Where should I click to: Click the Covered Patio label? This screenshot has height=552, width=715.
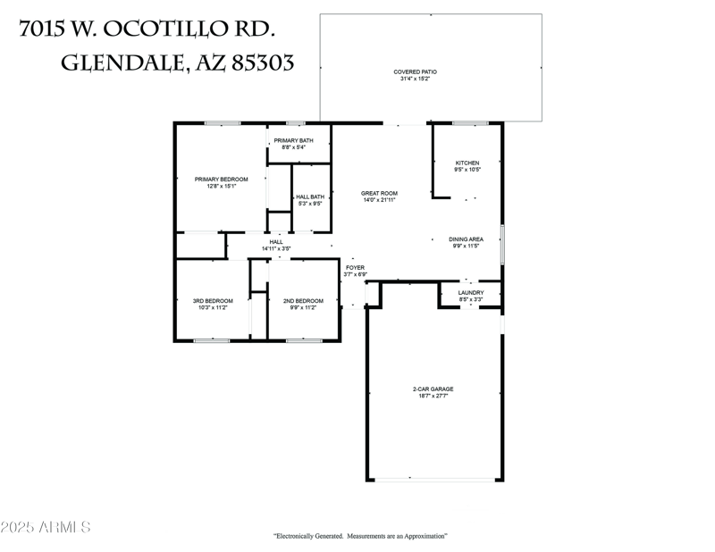pos(415,71)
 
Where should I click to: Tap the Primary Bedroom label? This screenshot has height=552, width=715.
pos(221,180)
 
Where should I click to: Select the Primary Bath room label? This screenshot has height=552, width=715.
pos(293,140)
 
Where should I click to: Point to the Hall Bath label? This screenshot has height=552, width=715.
pos(309,197)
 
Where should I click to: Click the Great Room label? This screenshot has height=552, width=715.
pos(379,193)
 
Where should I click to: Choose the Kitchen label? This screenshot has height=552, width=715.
pos(467,163)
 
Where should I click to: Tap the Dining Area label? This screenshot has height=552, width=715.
pos(466,239)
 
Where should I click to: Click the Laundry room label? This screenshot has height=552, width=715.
pos(471,292)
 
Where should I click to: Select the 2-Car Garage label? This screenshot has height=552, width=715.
pos(433,389)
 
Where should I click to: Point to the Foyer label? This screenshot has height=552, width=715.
pos(355,267)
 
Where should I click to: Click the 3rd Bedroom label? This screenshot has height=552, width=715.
pos(213,300)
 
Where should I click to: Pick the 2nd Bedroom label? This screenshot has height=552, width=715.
pos(303,300)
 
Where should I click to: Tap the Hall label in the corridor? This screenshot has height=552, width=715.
pos(276,241)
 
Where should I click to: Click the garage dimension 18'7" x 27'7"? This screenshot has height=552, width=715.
pos(433,397)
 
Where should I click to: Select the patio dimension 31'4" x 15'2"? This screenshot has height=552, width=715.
pos(415,79)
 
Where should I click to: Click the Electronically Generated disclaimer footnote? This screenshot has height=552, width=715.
pos(359,536)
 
